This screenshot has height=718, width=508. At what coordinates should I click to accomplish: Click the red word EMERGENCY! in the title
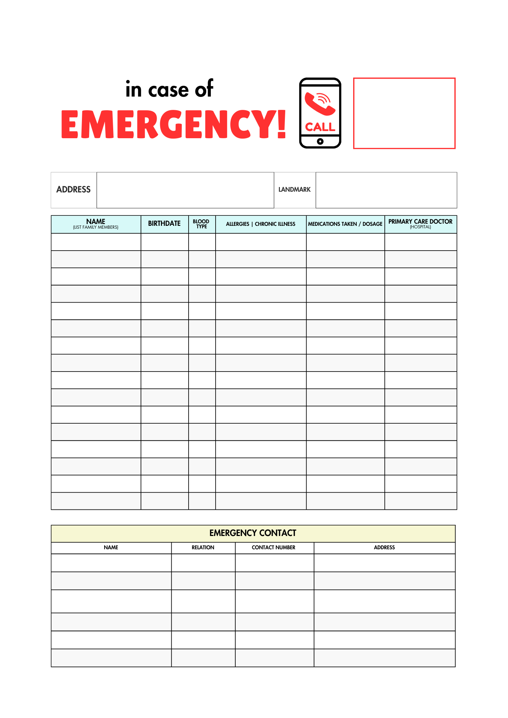pyautogui.click(x=174, y=124)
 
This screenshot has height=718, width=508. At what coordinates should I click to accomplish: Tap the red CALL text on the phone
pyautogui.click(x=320, y=127)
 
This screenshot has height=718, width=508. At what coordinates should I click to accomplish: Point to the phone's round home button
pyautogui.click(x=320, y=141)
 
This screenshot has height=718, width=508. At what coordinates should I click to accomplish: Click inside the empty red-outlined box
pyautogui.click(x=404, y=113)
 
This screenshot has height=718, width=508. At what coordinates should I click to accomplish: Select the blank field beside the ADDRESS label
pyautogui.click(x=185, y=190)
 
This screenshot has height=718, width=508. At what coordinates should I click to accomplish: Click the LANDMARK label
pyautogui.click(x=294, y=190)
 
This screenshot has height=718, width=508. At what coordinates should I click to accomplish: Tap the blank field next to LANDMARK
pyautogui.click(x=386, y=190)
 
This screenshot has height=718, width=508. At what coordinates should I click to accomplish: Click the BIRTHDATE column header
pyautogui.click(x=164, y=224)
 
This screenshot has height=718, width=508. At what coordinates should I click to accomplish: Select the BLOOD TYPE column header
pyautogui.click(x=201, y=224)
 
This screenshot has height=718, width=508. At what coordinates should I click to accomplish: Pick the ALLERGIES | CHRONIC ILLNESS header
pyautogui.click(x=260, y=224)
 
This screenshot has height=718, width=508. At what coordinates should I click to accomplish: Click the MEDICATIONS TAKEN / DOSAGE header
pyautogui.click(x=345, y=224)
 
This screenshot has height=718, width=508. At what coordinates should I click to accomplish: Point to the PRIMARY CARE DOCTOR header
pyautogui.click(x=420, y=222)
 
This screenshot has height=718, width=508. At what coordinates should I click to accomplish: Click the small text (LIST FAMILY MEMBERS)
pyautogui.click(x=96, y=227)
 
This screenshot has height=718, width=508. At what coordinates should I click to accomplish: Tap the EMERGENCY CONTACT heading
pyautogui.click(x=253, y=533)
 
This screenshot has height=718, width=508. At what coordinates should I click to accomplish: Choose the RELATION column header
pyautogui.click(x=203, y=547)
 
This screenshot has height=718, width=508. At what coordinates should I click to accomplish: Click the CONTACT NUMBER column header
pyautogui.click(x=273, y=547)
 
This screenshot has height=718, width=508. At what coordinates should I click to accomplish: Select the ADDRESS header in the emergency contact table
pyautogui.click(x=384, y=547)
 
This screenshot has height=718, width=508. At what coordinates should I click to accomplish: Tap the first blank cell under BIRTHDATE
pyautogui.click(x=164, y=242)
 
